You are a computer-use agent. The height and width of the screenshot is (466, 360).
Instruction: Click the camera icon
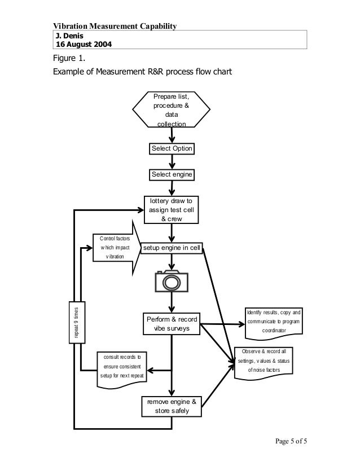171,280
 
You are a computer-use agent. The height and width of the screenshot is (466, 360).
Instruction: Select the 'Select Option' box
172,148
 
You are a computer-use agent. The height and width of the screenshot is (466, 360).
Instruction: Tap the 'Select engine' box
172,175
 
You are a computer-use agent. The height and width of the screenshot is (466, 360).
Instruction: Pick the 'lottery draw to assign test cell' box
172,210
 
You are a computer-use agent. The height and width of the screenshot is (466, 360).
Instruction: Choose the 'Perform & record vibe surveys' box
172,323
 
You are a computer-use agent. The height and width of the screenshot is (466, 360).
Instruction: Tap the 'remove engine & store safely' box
172,407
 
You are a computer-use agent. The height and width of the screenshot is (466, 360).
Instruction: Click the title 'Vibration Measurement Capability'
115,26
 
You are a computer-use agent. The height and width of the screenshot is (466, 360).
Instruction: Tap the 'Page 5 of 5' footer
288,441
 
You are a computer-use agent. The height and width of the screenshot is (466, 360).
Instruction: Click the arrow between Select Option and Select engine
172,161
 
